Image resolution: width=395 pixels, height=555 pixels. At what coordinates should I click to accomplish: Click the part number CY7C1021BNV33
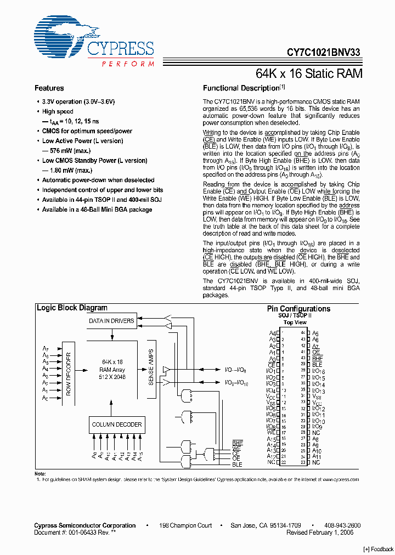tap(324, 53)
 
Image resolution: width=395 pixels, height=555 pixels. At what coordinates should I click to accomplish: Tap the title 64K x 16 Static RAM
tap(309, 73)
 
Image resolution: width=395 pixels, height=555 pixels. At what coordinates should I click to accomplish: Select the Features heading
tap(49, 88)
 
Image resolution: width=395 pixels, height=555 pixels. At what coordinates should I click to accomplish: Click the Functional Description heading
tap(241, 88)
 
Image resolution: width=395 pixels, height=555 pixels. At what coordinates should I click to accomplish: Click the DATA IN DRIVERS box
tap(112, 321)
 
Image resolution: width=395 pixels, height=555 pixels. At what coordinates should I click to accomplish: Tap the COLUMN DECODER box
tap(117, 424)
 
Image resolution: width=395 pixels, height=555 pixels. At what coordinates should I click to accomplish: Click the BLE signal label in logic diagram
tap(237, 465)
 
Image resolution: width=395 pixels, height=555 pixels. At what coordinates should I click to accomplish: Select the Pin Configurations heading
tap(298, 309)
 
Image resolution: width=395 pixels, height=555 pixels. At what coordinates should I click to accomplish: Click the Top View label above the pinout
tap(295, 323)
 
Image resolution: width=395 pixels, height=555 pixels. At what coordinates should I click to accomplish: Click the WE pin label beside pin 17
tap(271, 432)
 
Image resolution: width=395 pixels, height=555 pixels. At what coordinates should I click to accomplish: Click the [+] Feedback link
tap(379, 549)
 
